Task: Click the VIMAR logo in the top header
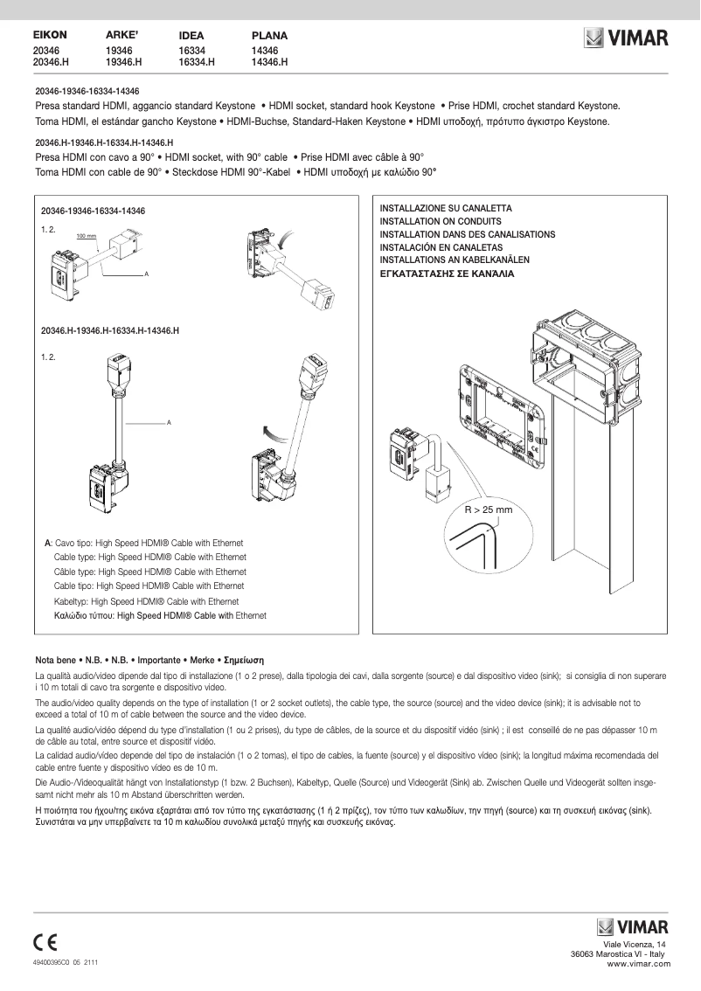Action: coord(626,38)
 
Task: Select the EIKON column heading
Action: coord(50,35)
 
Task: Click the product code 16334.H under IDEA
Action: coord(197,63)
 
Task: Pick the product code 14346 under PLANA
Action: coord(265,52)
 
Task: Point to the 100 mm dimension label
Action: coord(86,236)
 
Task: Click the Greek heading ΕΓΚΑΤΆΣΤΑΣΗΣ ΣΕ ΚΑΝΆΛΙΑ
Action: coord(447,274)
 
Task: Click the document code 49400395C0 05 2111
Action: coord(65,962)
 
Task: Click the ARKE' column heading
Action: coord(122,35)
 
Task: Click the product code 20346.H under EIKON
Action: coord(51,63)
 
